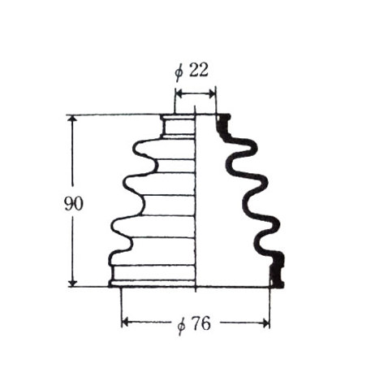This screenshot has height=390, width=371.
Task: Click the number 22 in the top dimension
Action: pyautogui.click(x=199, y=71)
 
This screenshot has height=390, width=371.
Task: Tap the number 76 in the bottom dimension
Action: pyautogui.click(x=201, y=323)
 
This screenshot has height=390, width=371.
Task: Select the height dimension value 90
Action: pyautogui.click(x=73, y=204)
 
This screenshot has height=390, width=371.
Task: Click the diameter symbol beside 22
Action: pyautogui.click(x=179, y=72)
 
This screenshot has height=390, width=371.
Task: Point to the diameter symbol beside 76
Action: pyautogui.click(x=181, y=326)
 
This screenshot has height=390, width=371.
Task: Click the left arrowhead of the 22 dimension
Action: pyautogui.click(x=179, y=94)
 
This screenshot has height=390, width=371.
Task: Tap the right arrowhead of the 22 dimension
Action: pyautogui.click(x=213, y=94)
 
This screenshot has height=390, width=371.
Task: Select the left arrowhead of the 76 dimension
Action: pyautogui.click(x=125, y=323)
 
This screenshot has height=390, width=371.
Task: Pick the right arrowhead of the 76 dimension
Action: pyautogui.click(x=266, y=323)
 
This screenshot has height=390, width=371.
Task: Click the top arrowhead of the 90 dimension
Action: pyautogui.click(x=72, y=119)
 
